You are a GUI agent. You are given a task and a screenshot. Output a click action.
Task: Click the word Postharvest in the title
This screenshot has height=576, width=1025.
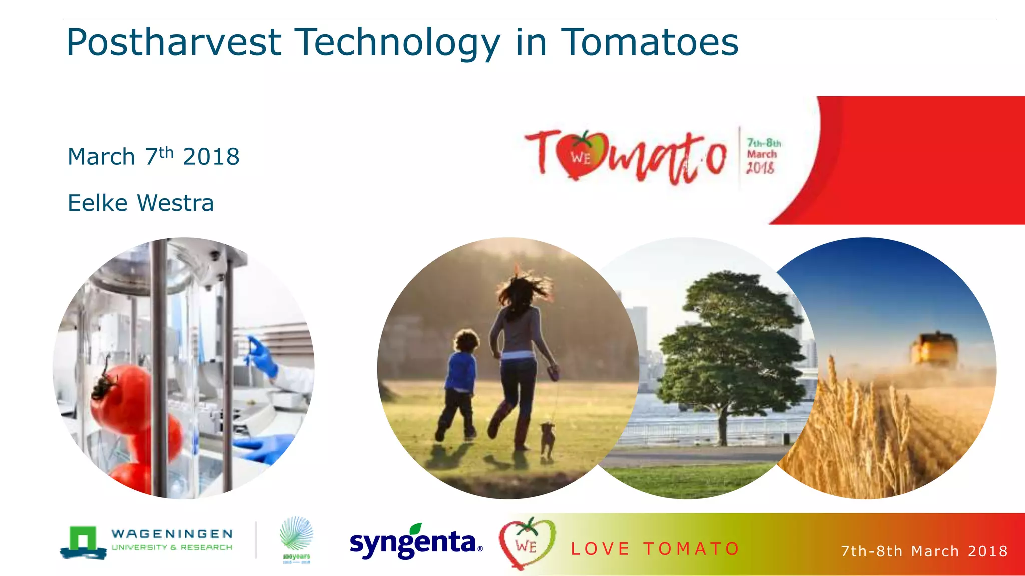(x=174, y=43)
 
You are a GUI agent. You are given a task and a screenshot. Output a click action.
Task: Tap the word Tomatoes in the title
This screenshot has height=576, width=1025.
(x=649, y=43)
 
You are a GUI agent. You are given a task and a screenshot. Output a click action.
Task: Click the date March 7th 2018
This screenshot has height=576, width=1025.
(x=153, y=157)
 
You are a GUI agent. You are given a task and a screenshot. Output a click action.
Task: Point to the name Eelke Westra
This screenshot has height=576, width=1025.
(x=141, y=203)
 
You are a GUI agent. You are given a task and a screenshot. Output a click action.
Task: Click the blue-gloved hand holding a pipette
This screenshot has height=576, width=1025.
(x=262, y=356)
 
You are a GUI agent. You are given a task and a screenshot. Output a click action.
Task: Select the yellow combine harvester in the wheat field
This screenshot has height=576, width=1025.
(x=934, y=350)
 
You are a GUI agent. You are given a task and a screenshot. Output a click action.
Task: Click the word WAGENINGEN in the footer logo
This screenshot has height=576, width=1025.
(x=172, y=534)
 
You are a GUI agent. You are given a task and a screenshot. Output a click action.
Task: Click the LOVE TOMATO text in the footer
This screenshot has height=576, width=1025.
(x=655, y=549)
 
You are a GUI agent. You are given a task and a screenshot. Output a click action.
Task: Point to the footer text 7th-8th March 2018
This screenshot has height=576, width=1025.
(x=924, y=551)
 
